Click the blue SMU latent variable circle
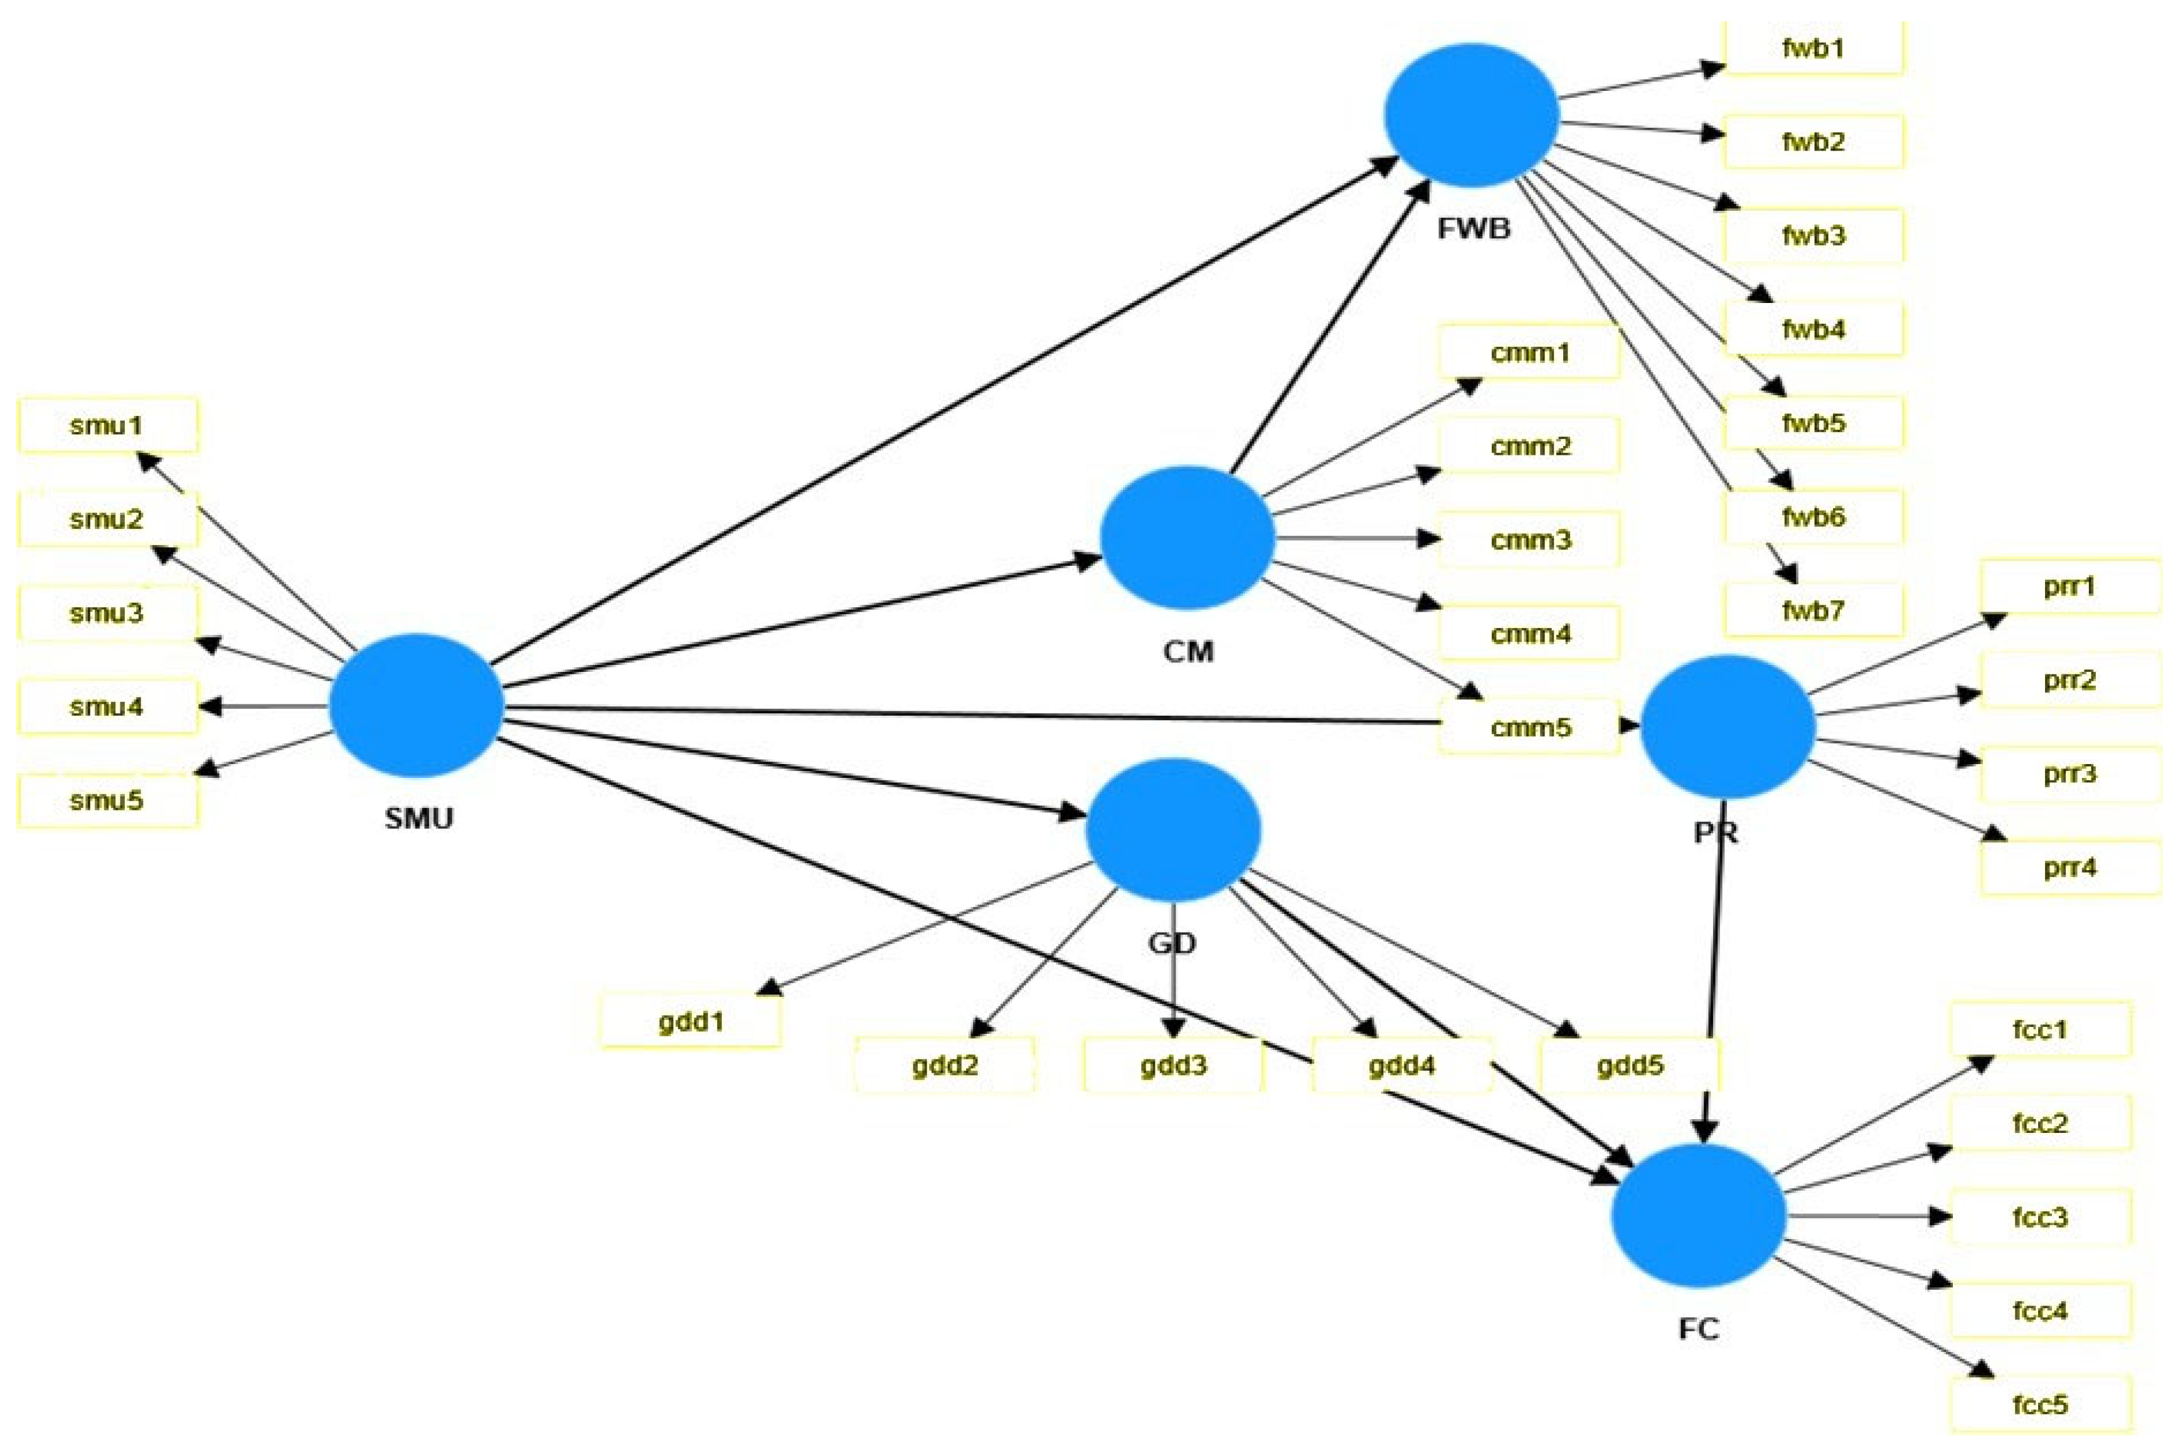[417, 706]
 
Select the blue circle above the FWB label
[1472, 114]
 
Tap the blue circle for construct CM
[1187, 537]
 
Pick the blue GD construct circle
[1172, 830]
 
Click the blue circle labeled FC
[1698, 1215]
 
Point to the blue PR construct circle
[1727, 726]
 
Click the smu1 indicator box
[107, 426]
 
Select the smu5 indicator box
[107, 800]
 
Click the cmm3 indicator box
[1530, 539]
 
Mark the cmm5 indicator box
[1530, 727]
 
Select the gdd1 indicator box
[691, 1022]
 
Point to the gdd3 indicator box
[1172, 1065]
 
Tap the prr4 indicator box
[2069, 868]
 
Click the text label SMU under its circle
[418, 818]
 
